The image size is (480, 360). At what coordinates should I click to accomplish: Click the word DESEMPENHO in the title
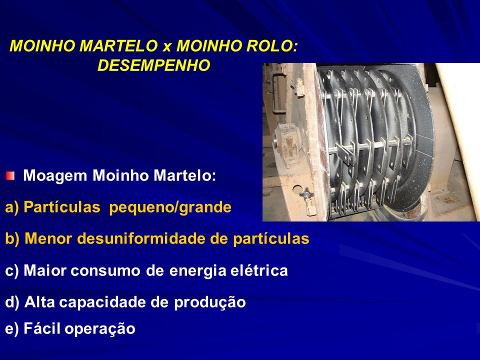pyautogui.click(x=153, y=65)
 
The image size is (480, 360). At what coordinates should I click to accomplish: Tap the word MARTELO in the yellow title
pyautogui.click(x=119, y=46)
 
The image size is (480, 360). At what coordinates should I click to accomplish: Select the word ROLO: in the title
pyautogui.click(x=272, y=46)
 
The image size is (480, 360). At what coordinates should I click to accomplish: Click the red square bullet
pyautogui.click(x=10, y=175)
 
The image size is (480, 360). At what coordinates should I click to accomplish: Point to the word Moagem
pyautogui.click(x=55, y=176)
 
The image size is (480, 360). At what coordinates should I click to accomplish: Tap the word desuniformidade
pyautogui.click(x=141, y=239)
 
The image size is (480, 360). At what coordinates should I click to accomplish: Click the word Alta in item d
pyautogui.click(x=39, y=302)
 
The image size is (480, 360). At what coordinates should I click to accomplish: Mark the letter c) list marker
pyautogui.click(x=12, y=271)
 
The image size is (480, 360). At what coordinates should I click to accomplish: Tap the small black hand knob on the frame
pyautogui.click(x=306, y=193)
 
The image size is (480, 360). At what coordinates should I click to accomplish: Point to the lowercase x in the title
pyautogui.click(x=167, y=47)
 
